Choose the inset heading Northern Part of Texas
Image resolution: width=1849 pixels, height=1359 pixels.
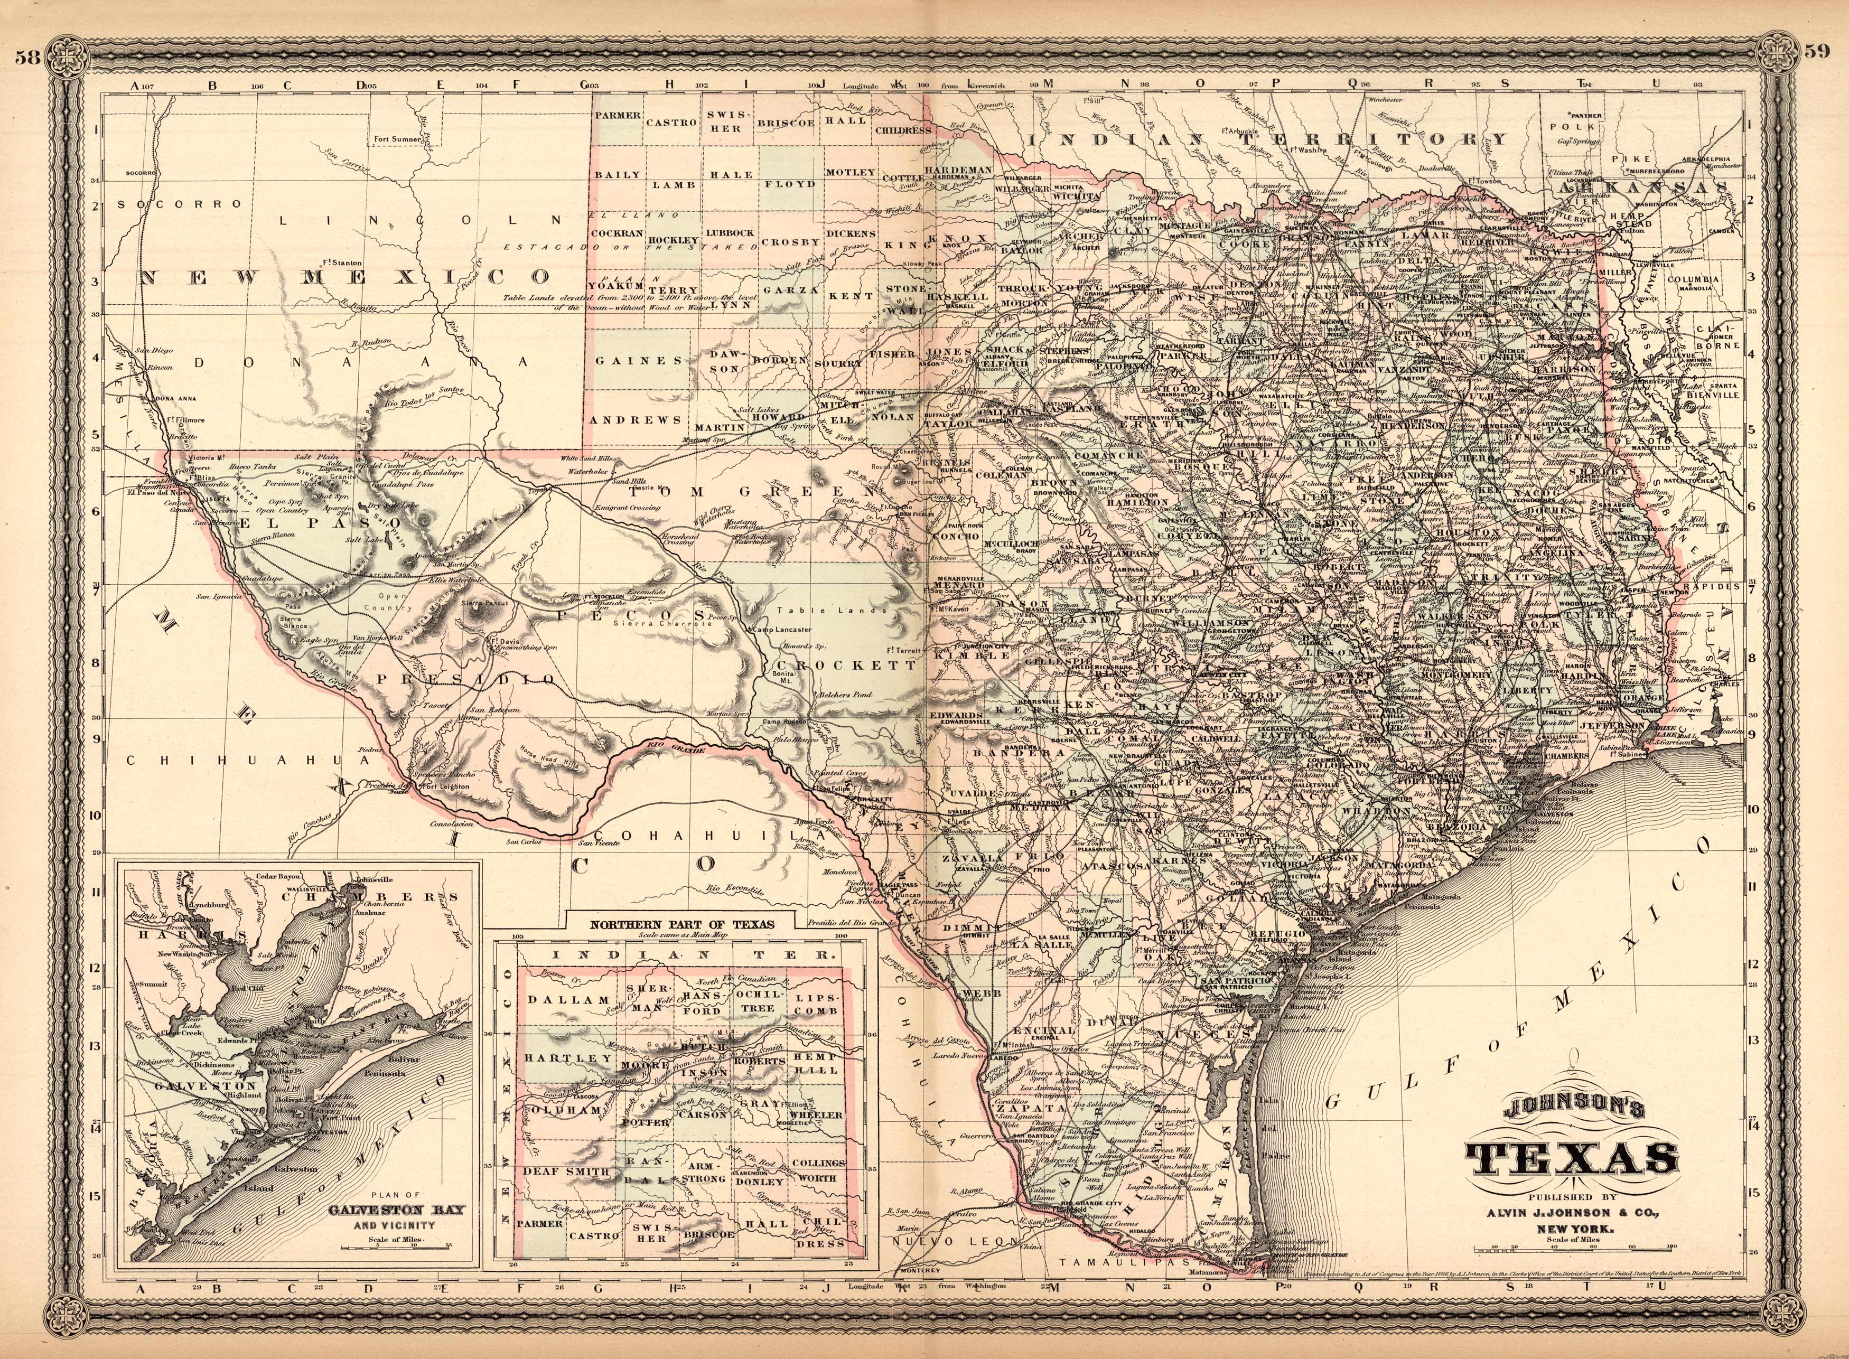point(681,924)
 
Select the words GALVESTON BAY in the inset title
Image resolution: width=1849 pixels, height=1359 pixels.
point(397,1210)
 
